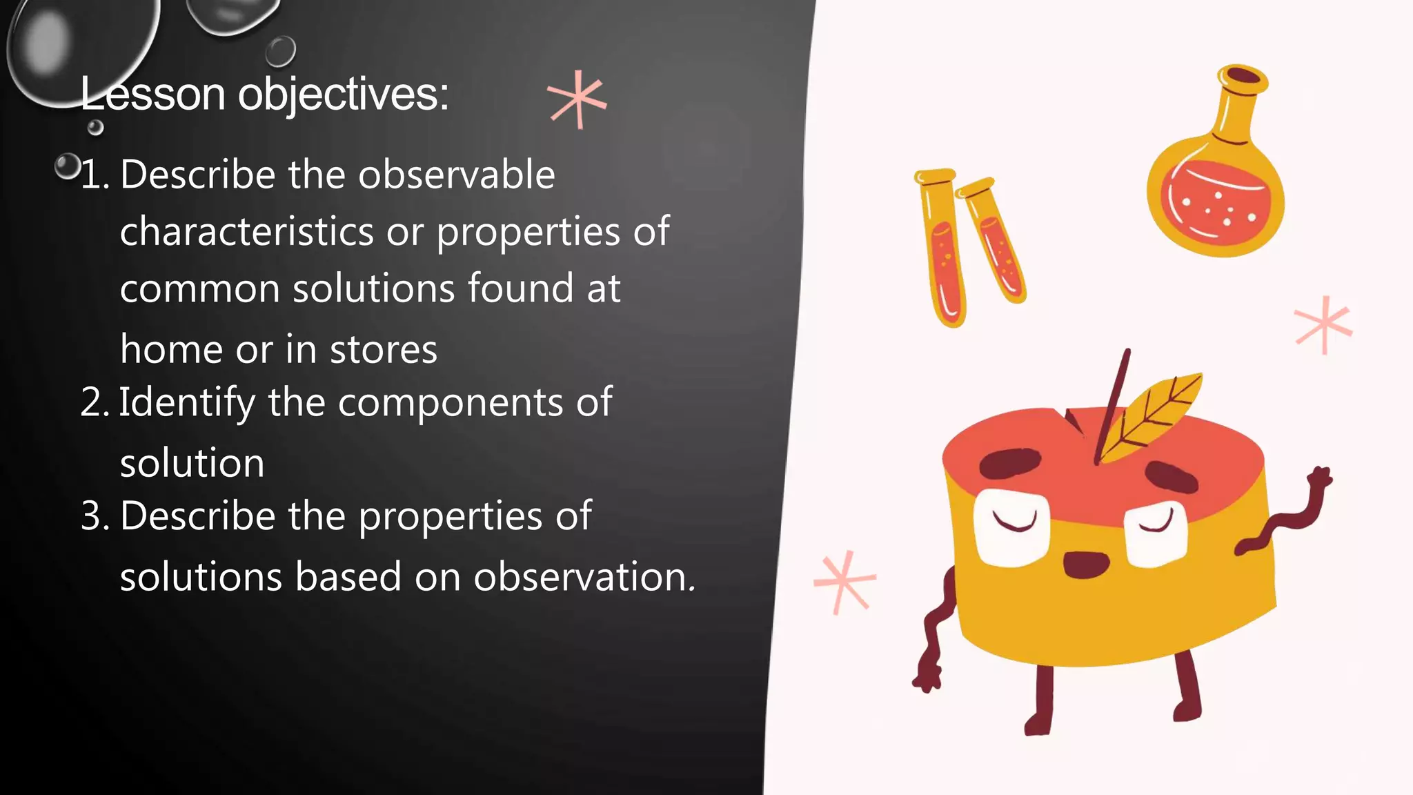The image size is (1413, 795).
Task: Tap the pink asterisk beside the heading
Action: tap(577, 100)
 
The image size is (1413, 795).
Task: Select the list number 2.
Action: tap(93, 402)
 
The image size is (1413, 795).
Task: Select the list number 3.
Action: tap(94, 516)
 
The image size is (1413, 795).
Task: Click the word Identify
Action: tap(187, 402)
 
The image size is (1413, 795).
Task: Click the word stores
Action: tap(383, 350)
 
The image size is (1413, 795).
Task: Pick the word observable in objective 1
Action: tap(456, 175)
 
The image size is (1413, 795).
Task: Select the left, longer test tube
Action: tap(942, 248)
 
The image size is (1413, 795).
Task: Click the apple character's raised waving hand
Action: tap(1319, 480)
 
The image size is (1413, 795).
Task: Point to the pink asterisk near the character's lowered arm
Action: tap(844, 581)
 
